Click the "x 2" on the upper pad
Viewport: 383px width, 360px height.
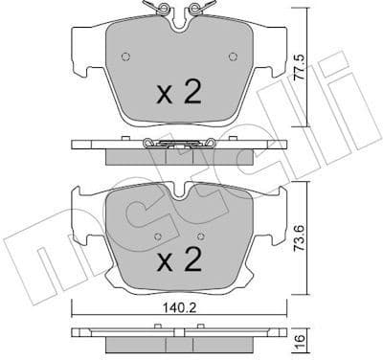pyautogui.click(x=178, y=92)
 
